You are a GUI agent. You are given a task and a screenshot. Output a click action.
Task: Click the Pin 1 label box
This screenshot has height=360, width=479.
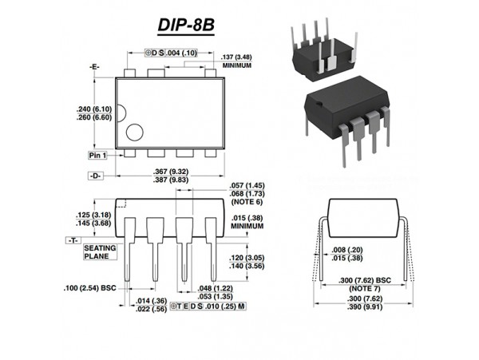98,154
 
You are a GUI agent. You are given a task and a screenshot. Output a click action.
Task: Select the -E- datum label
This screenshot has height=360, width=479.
95,67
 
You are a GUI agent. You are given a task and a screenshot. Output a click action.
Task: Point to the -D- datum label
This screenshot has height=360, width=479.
95,174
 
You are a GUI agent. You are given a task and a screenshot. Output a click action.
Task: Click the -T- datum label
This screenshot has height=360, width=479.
73,239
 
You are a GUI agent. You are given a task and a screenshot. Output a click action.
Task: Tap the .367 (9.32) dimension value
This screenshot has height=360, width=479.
170,172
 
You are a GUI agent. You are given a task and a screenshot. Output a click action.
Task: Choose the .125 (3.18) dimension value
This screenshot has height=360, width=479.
93,215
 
